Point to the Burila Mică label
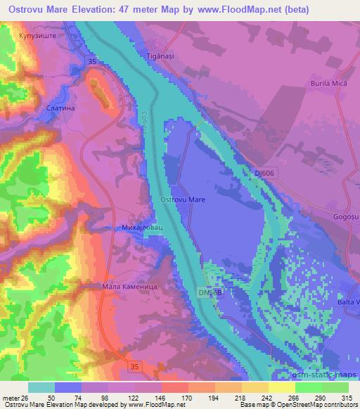point(328,84)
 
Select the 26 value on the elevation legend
point(27,398)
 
